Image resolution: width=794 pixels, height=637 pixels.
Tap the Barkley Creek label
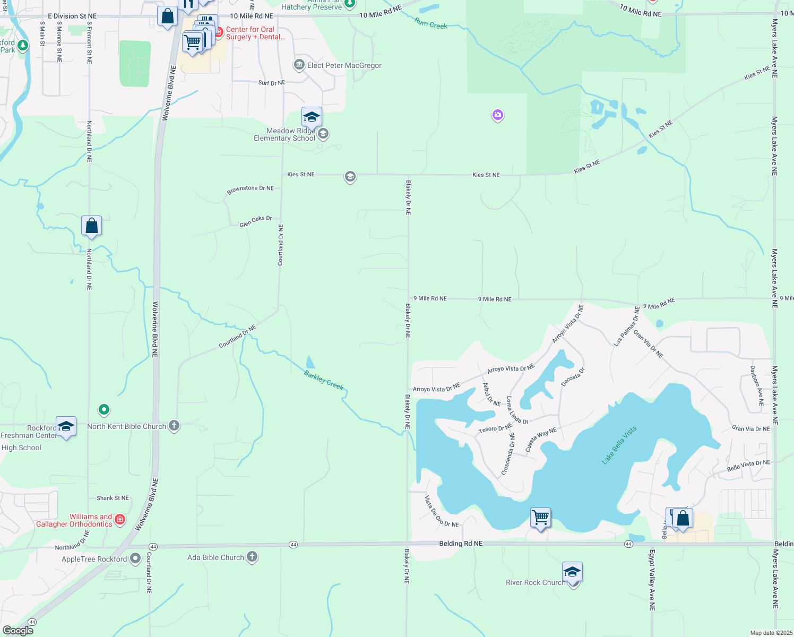(324, 380)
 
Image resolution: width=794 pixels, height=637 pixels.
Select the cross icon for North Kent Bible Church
(174, 426)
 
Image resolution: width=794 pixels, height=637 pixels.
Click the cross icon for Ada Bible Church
(252, 557)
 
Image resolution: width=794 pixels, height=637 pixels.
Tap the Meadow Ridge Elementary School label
(284, 134)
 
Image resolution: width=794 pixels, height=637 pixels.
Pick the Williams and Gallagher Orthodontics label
(74, 520)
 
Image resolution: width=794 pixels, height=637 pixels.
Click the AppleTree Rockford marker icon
(135, 558)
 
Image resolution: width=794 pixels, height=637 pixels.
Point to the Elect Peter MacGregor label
(344, 65)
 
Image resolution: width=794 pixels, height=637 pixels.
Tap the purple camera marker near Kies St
(497, 115)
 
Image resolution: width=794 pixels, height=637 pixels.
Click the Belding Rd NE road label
(461, 544)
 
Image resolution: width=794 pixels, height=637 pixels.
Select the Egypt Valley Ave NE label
(652, 580)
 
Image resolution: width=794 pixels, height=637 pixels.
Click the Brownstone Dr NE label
(251, 189)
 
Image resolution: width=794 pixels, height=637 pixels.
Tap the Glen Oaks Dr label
(255, 221)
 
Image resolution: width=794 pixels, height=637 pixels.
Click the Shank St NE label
(113, 498)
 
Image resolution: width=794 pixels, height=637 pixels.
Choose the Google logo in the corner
(18, 631)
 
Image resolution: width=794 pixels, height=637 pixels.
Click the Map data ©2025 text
(771, 633)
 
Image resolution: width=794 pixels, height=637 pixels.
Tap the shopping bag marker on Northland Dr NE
(91, 226)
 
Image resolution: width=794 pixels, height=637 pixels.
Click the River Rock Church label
(536, 582)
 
